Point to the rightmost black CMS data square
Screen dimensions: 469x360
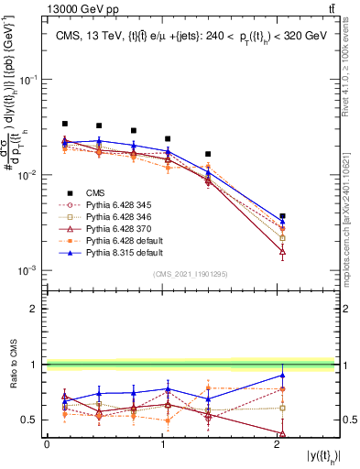pos(282,216)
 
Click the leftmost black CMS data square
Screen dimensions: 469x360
pos(64,124)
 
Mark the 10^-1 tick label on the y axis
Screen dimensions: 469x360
pos(31,79)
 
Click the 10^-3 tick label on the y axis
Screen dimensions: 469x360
pos(31,271)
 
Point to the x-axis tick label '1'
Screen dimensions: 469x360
pos(162,444)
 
